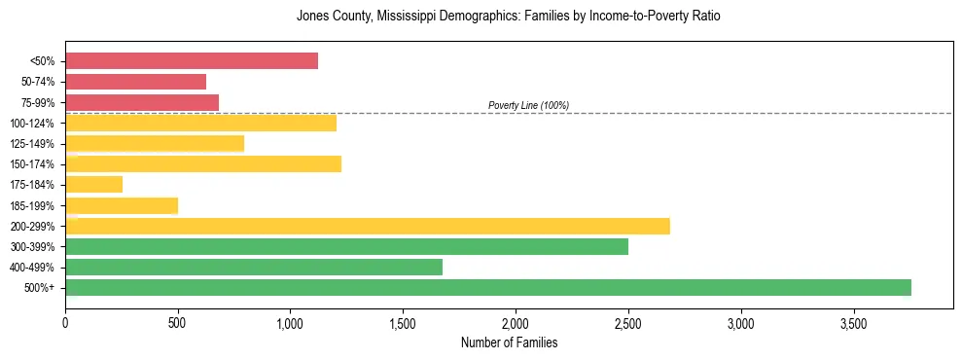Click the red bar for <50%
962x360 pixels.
192,60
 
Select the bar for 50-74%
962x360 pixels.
136,82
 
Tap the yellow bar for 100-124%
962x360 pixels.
200,123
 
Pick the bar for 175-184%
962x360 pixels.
94,184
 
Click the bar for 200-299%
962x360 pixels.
368,226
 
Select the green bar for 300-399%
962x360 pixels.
346,246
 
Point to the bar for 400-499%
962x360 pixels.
254,267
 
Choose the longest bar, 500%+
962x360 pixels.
488,287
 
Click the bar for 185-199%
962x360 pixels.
122,205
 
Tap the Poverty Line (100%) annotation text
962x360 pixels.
528,105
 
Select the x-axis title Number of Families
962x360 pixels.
509,342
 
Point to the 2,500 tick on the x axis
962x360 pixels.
628,322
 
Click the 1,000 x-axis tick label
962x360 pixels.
290,322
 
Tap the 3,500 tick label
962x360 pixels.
853,322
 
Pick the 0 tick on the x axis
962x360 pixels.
65,322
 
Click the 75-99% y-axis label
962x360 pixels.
38,102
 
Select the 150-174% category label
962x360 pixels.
33,164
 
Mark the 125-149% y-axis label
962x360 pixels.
33,144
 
